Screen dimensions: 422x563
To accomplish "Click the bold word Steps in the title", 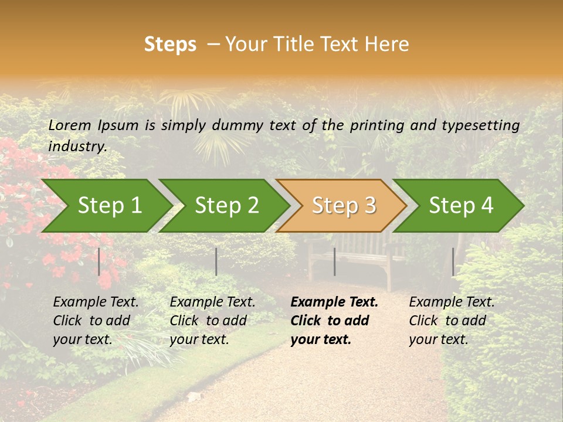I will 170,45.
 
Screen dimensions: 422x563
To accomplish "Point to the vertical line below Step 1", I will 99,261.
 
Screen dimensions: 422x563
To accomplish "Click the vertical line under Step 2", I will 216,261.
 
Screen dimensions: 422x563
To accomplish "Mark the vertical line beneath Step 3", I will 334,261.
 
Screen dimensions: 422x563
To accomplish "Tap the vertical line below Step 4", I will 453,261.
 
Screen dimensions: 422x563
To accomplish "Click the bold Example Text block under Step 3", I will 334,321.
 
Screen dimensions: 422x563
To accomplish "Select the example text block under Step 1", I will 96,321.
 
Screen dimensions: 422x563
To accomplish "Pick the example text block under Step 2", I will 212,321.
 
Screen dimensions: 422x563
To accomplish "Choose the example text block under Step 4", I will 452,321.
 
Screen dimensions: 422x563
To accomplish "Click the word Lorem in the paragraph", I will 69,125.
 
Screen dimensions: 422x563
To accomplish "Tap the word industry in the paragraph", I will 77,147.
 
